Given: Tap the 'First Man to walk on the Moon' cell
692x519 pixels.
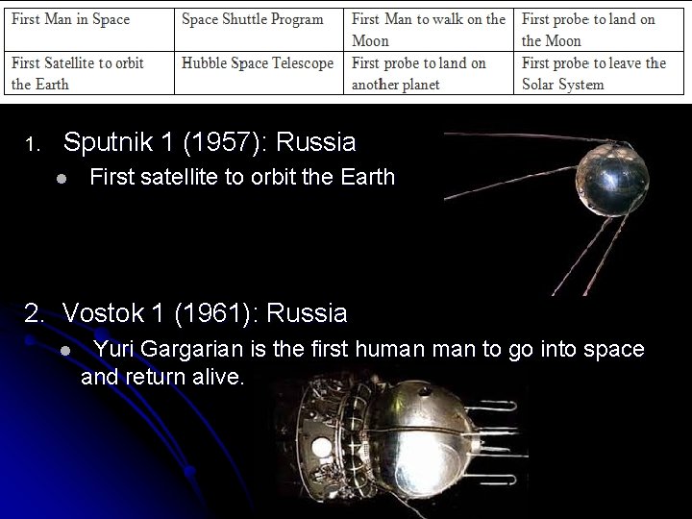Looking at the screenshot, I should click(x=428, y=30).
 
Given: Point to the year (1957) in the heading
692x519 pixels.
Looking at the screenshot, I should click(x=211, y=143).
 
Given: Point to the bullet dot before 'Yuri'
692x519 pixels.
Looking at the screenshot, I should click(x=62, y=351).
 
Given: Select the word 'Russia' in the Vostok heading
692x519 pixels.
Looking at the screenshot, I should click(x=307, y=313).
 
